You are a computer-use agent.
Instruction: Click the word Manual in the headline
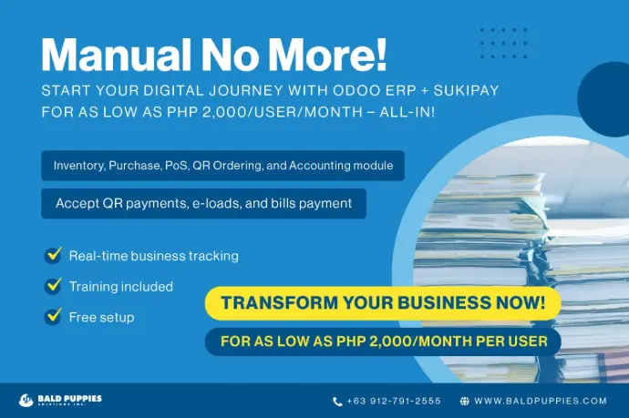117,55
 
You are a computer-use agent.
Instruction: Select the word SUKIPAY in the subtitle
466,90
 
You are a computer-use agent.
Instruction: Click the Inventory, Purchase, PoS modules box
222,166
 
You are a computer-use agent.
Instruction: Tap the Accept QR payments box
204,204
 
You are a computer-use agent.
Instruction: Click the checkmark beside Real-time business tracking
53,255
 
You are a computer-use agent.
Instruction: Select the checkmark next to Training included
53,286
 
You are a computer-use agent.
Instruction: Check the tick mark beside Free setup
53,316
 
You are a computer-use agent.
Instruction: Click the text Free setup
101,318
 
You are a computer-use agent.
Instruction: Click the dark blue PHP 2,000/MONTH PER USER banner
383,342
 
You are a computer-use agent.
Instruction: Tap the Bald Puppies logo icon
26,400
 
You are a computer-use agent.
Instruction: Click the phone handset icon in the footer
338,402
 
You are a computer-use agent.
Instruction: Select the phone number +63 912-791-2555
394,401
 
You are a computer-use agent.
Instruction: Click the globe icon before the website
465,402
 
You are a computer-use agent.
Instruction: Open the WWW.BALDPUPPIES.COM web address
541,401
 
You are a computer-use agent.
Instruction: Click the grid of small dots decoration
503,44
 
